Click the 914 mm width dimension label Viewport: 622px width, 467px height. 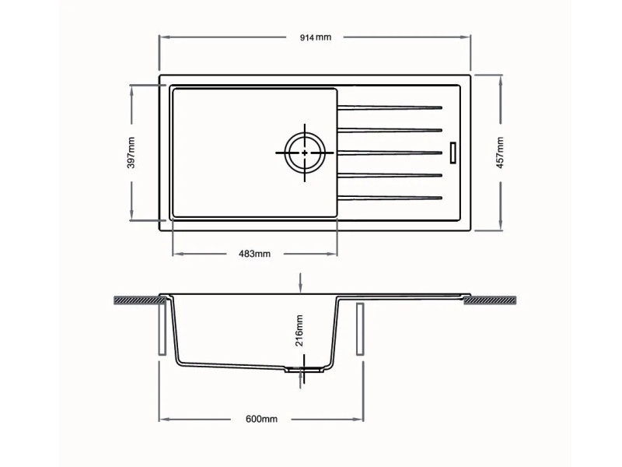(316, 37)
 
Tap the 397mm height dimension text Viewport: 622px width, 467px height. (131, 153)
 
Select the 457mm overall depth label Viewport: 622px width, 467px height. (500, 153)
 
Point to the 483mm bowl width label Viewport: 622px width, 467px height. (254, 254)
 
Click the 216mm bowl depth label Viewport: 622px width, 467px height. (299, 330)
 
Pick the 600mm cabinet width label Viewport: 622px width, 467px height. (261, 419)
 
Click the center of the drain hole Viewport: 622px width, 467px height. (305, 153)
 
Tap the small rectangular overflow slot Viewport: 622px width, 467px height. (453, 153)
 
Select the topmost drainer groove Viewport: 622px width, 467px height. (390, 107)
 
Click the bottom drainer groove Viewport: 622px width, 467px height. (390, 198)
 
